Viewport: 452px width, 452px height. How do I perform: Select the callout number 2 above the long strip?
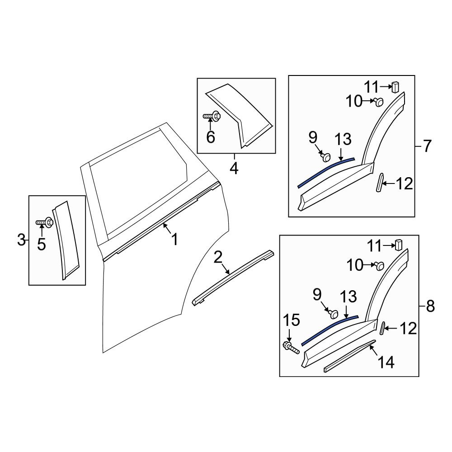(x=218, y=258)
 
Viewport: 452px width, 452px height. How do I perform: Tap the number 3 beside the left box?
(x=21, y=240)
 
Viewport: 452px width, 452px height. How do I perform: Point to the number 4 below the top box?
(x=234, y=168)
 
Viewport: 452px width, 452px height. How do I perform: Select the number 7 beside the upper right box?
(x=427, y=146)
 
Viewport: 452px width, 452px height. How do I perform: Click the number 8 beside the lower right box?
(x=430, y=306)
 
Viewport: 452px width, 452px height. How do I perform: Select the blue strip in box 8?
(x=330, y=329)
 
